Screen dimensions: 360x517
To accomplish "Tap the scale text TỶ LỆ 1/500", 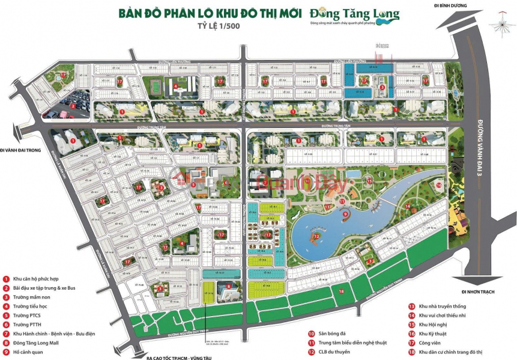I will coord(228,26).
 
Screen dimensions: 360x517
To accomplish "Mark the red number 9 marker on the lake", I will coord(345,213).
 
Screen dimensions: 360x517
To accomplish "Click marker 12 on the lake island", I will coord(316,236).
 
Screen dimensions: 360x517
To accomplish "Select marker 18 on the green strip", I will coord(341,291).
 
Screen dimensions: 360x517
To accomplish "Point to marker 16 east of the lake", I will coord(438,186).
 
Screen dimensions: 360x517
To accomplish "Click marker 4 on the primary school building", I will coord(175,86).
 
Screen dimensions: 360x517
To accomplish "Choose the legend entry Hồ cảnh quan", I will coord(28,351).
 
